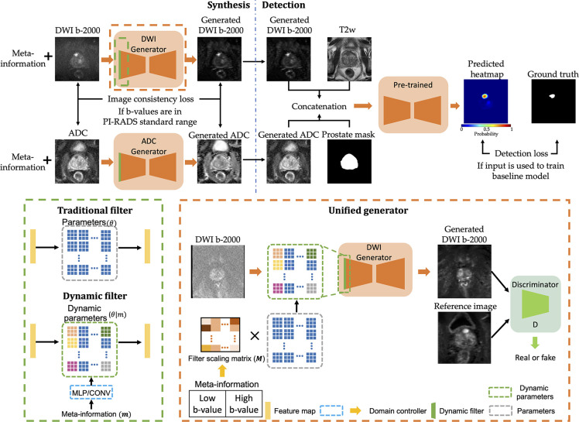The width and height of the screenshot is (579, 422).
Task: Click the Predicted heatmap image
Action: [x=485, y=103]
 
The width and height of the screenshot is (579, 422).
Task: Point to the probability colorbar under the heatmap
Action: [x=486, y=126]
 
